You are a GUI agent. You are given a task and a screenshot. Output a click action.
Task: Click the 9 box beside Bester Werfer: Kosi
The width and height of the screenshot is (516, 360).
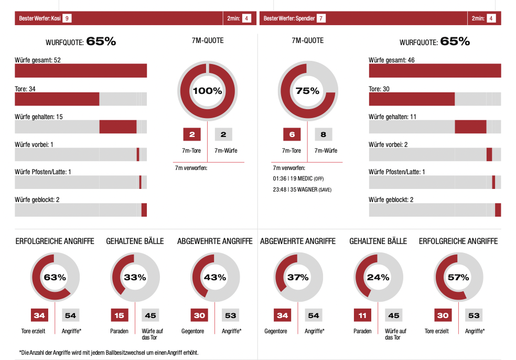[x=67, y=18]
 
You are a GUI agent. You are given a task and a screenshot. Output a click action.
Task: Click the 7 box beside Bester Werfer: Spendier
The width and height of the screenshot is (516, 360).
[x=321, y=18]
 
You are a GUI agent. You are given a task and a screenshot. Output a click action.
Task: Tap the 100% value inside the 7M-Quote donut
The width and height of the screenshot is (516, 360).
[x=207, y=91]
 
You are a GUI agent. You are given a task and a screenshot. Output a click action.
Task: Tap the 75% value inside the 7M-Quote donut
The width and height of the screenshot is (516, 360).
[x=307, y=91]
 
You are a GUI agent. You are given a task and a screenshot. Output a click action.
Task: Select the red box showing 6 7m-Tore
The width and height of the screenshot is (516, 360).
[x=292, y=134]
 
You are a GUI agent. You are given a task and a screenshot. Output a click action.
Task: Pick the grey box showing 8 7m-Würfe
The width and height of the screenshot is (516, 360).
[x=324, y=134]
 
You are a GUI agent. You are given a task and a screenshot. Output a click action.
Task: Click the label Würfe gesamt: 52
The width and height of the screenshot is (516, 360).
[x=38, y=60]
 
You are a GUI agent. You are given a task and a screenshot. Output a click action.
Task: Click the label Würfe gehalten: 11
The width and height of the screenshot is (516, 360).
[x=392, y=117]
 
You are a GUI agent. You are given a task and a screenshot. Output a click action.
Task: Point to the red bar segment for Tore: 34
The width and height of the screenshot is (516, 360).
[x=57, y=99]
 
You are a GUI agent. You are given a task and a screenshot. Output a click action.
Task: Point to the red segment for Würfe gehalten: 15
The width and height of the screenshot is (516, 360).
[x=118, y=127]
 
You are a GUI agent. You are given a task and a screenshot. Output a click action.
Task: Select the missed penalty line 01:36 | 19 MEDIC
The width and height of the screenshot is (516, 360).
[x=298, y=179]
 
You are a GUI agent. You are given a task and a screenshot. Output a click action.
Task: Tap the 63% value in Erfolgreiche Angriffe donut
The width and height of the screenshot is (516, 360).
[x=55, y=277]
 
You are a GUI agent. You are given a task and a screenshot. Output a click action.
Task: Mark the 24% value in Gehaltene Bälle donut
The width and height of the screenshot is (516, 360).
[x=378, y=277]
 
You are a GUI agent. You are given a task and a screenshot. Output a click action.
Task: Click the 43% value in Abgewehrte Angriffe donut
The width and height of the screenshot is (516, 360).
[x=215, y=277]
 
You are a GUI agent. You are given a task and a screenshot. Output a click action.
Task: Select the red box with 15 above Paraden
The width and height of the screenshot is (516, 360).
[x=119, y=315]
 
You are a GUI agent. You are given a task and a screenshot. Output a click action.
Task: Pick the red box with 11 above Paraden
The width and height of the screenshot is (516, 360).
[x=362, y=315]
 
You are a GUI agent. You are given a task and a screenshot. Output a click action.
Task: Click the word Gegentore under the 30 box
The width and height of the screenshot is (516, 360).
[x=192, y=331]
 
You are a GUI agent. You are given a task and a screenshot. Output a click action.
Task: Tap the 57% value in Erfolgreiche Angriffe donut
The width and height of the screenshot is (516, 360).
[x=458, y=277]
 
